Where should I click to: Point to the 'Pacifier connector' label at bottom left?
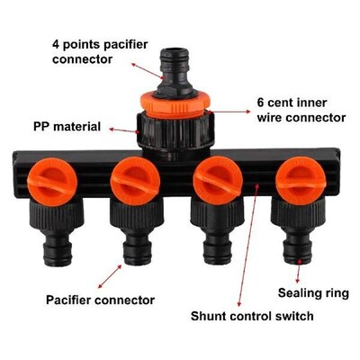[x=100, y=299]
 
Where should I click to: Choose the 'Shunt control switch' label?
[x=252, y=316]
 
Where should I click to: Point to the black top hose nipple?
[x=175, y=62]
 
